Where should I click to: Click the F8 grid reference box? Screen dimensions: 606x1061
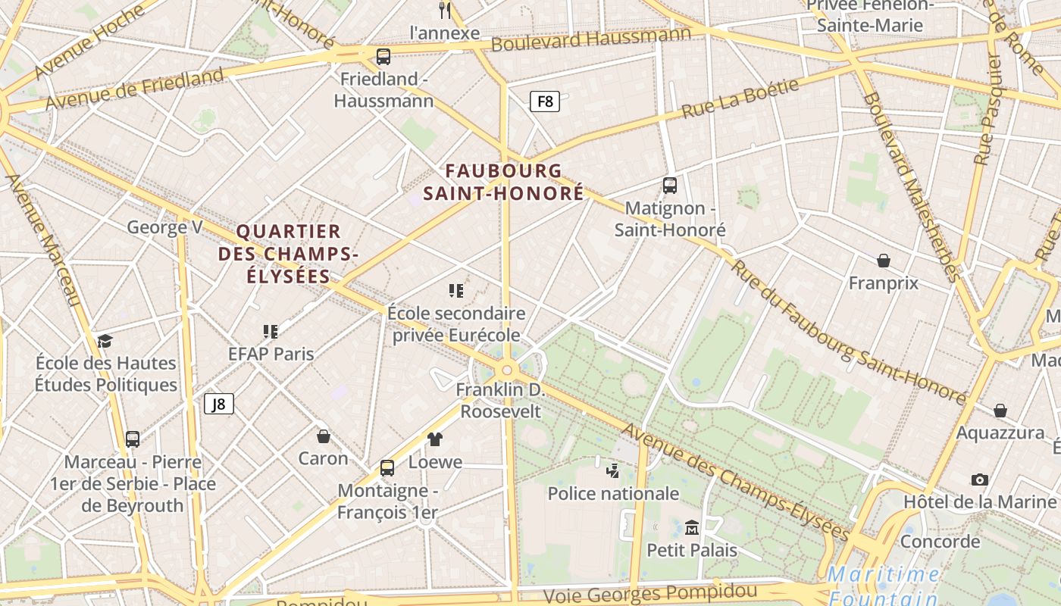pyautogui.click(x=544, y=101)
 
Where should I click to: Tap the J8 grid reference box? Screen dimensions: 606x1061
pyautogui.click(x=218, y=404)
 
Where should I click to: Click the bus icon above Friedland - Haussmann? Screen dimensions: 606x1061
pyautogui.click(x=383, y=57)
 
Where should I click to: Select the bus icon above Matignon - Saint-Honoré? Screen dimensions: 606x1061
pyautogui.click(x=670, y=186)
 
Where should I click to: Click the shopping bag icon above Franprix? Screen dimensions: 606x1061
pyautogui.click(x=883, y=261)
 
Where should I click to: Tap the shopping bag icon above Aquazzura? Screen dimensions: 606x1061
pyautogui.click(x=1000, y=411)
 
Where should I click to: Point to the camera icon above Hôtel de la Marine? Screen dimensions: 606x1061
pyautogui.click(x=979, y=479)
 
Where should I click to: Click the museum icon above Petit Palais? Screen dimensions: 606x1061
pyautogui.click(x=691, y=527)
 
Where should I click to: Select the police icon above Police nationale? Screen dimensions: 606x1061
pyautogui.click(x=613, y=471)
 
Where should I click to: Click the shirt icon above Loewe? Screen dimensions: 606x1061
pyautogui.click(x=435, y=439)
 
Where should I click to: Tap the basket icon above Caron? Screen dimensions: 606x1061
pyautogui.click(x=324, y=436)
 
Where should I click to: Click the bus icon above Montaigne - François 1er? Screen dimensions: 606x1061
pyautogui.click(x=387, y=468)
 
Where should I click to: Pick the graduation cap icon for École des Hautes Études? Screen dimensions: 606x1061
pyautogui.click(x=105, y=341)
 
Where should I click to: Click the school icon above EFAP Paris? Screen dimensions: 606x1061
pyautogui.click(x=271, y=331)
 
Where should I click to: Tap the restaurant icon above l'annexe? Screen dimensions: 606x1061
pyautogui.click(x=445, y=11)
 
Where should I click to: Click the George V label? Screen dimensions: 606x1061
pyautogui.click(x=164, y=227)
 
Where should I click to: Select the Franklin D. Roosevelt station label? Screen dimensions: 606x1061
pyautogui.click(x=500, y=401)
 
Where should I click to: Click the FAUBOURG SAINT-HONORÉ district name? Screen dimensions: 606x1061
pyautogui.click(x=503, y=182)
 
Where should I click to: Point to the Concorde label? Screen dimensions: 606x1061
pyautogui.click(x=940, y=542)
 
